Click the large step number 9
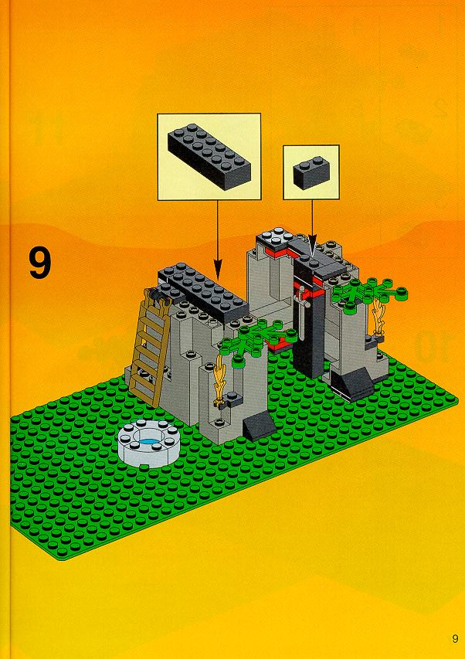[x=40, y=263]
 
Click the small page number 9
[x=455, y=638]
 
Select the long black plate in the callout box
[x=209, y=156]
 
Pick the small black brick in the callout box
[x=311, y=172]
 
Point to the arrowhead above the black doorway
[x=312, y=248]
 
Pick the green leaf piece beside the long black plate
[x=261, y=339]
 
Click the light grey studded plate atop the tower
[x=273, y=236]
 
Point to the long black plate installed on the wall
[x=205, y=292]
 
